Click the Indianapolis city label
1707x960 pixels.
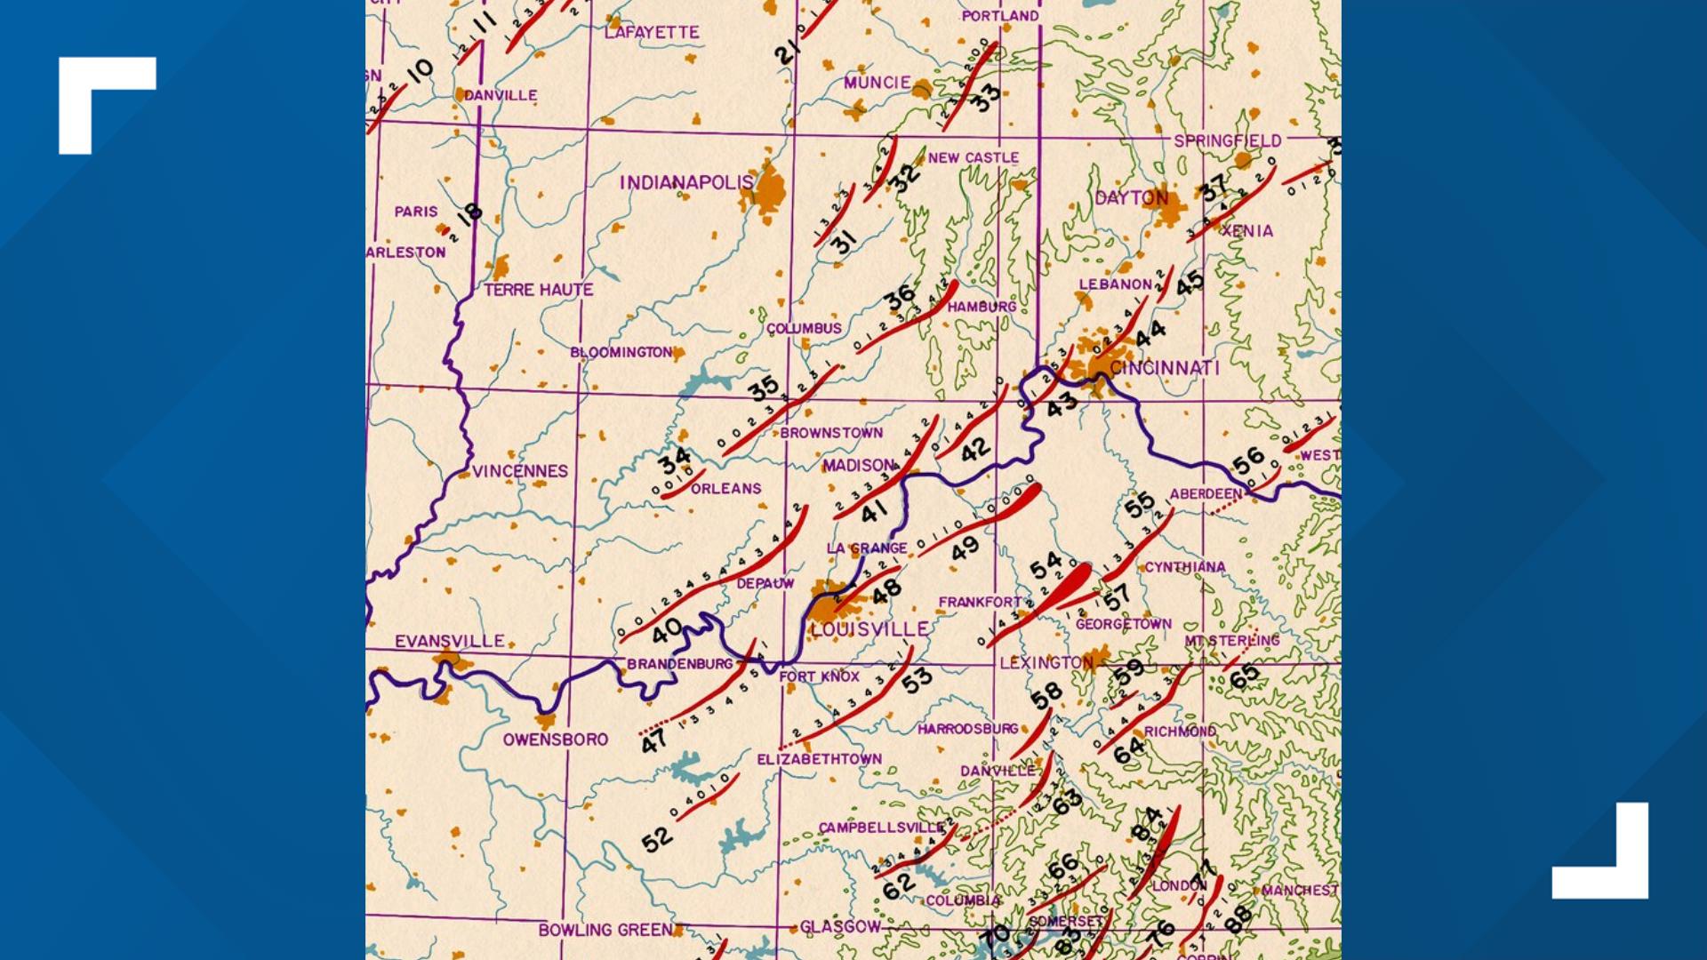pos(685,183)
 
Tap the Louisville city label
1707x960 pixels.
pos(869,629)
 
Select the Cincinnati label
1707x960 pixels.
pos(1164,368)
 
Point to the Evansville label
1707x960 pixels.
pos(450,641)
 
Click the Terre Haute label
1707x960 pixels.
pos(539,290)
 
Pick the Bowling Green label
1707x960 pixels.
pos(605,930)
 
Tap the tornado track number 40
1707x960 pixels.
pos(667,631)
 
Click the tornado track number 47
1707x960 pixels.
pos(654,740)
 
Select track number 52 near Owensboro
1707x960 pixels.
pos(657,839)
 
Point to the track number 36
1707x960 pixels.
pos(900,297)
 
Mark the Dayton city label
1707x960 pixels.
pos(1131,198)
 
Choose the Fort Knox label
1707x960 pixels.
pos(819,677)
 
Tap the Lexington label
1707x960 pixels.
pos(1046,663)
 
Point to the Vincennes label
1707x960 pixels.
pos(520,471)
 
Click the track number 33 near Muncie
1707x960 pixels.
pos(984,98)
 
